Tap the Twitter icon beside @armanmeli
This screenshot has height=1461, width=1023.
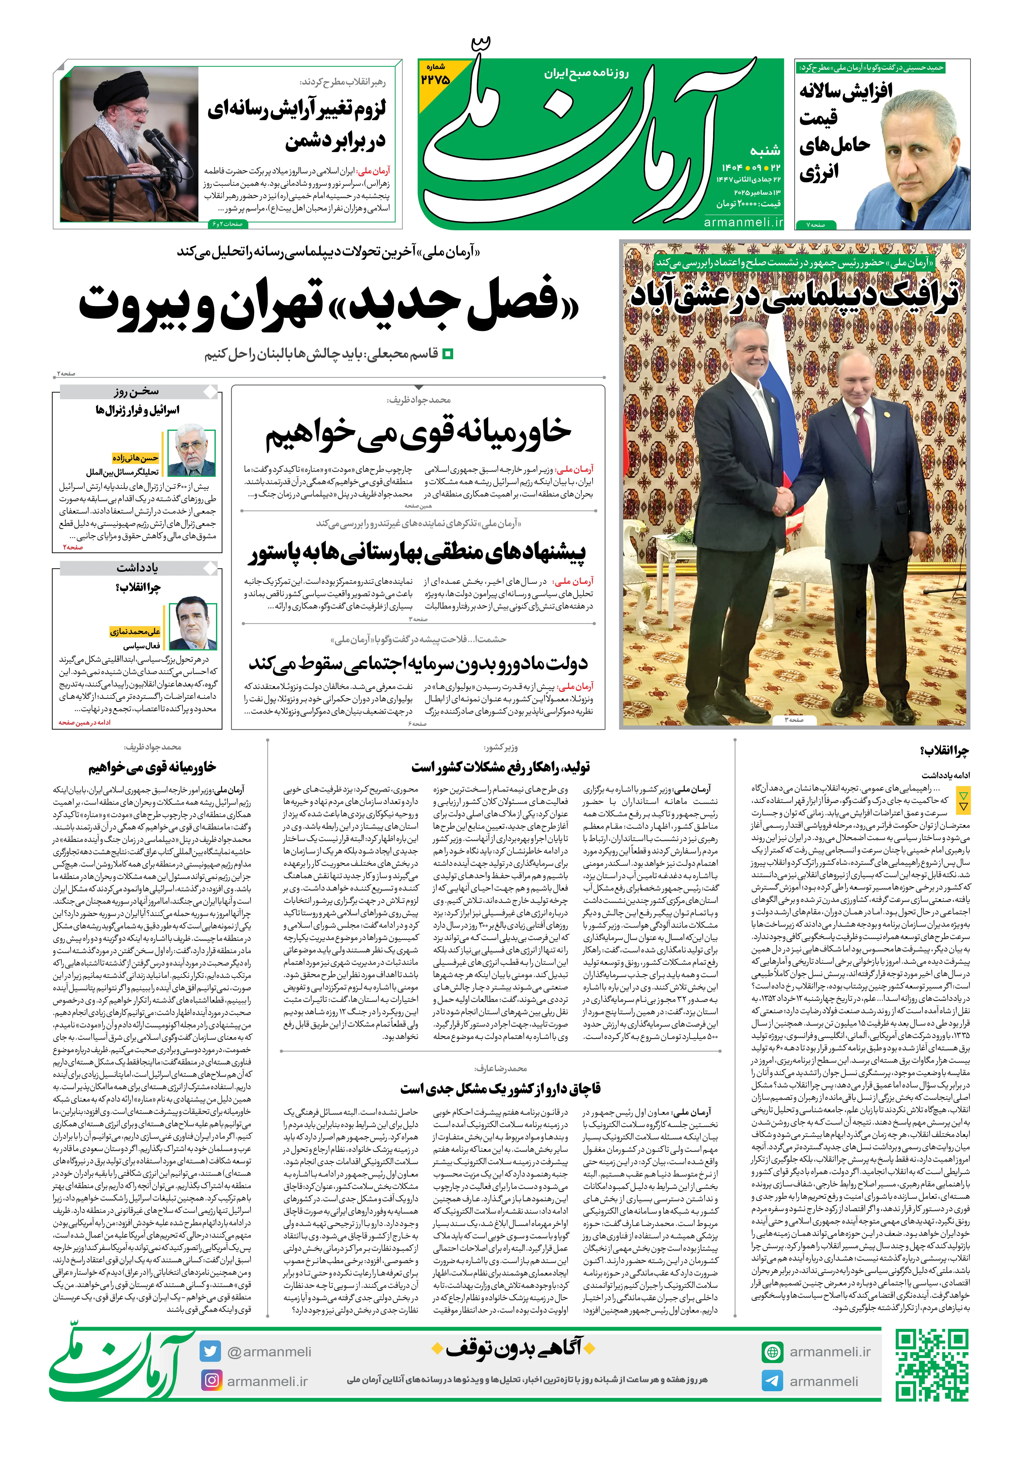[210, 1351]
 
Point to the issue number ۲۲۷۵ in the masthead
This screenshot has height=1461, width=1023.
[436, 79]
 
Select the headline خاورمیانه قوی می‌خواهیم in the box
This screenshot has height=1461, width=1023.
[418, 432]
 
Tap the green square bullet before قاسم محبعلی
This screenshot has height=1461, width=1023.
[447, 354]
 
